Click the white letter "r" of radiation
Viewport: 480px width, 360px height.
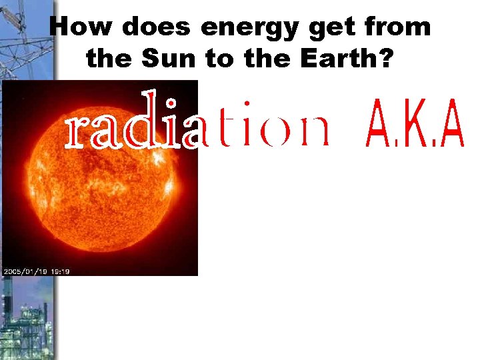[79, 131]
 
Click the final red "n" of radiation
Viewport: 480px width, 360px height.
[314, 131]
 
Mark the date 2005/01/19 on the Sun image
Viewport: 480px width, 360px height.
[25, 271]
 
